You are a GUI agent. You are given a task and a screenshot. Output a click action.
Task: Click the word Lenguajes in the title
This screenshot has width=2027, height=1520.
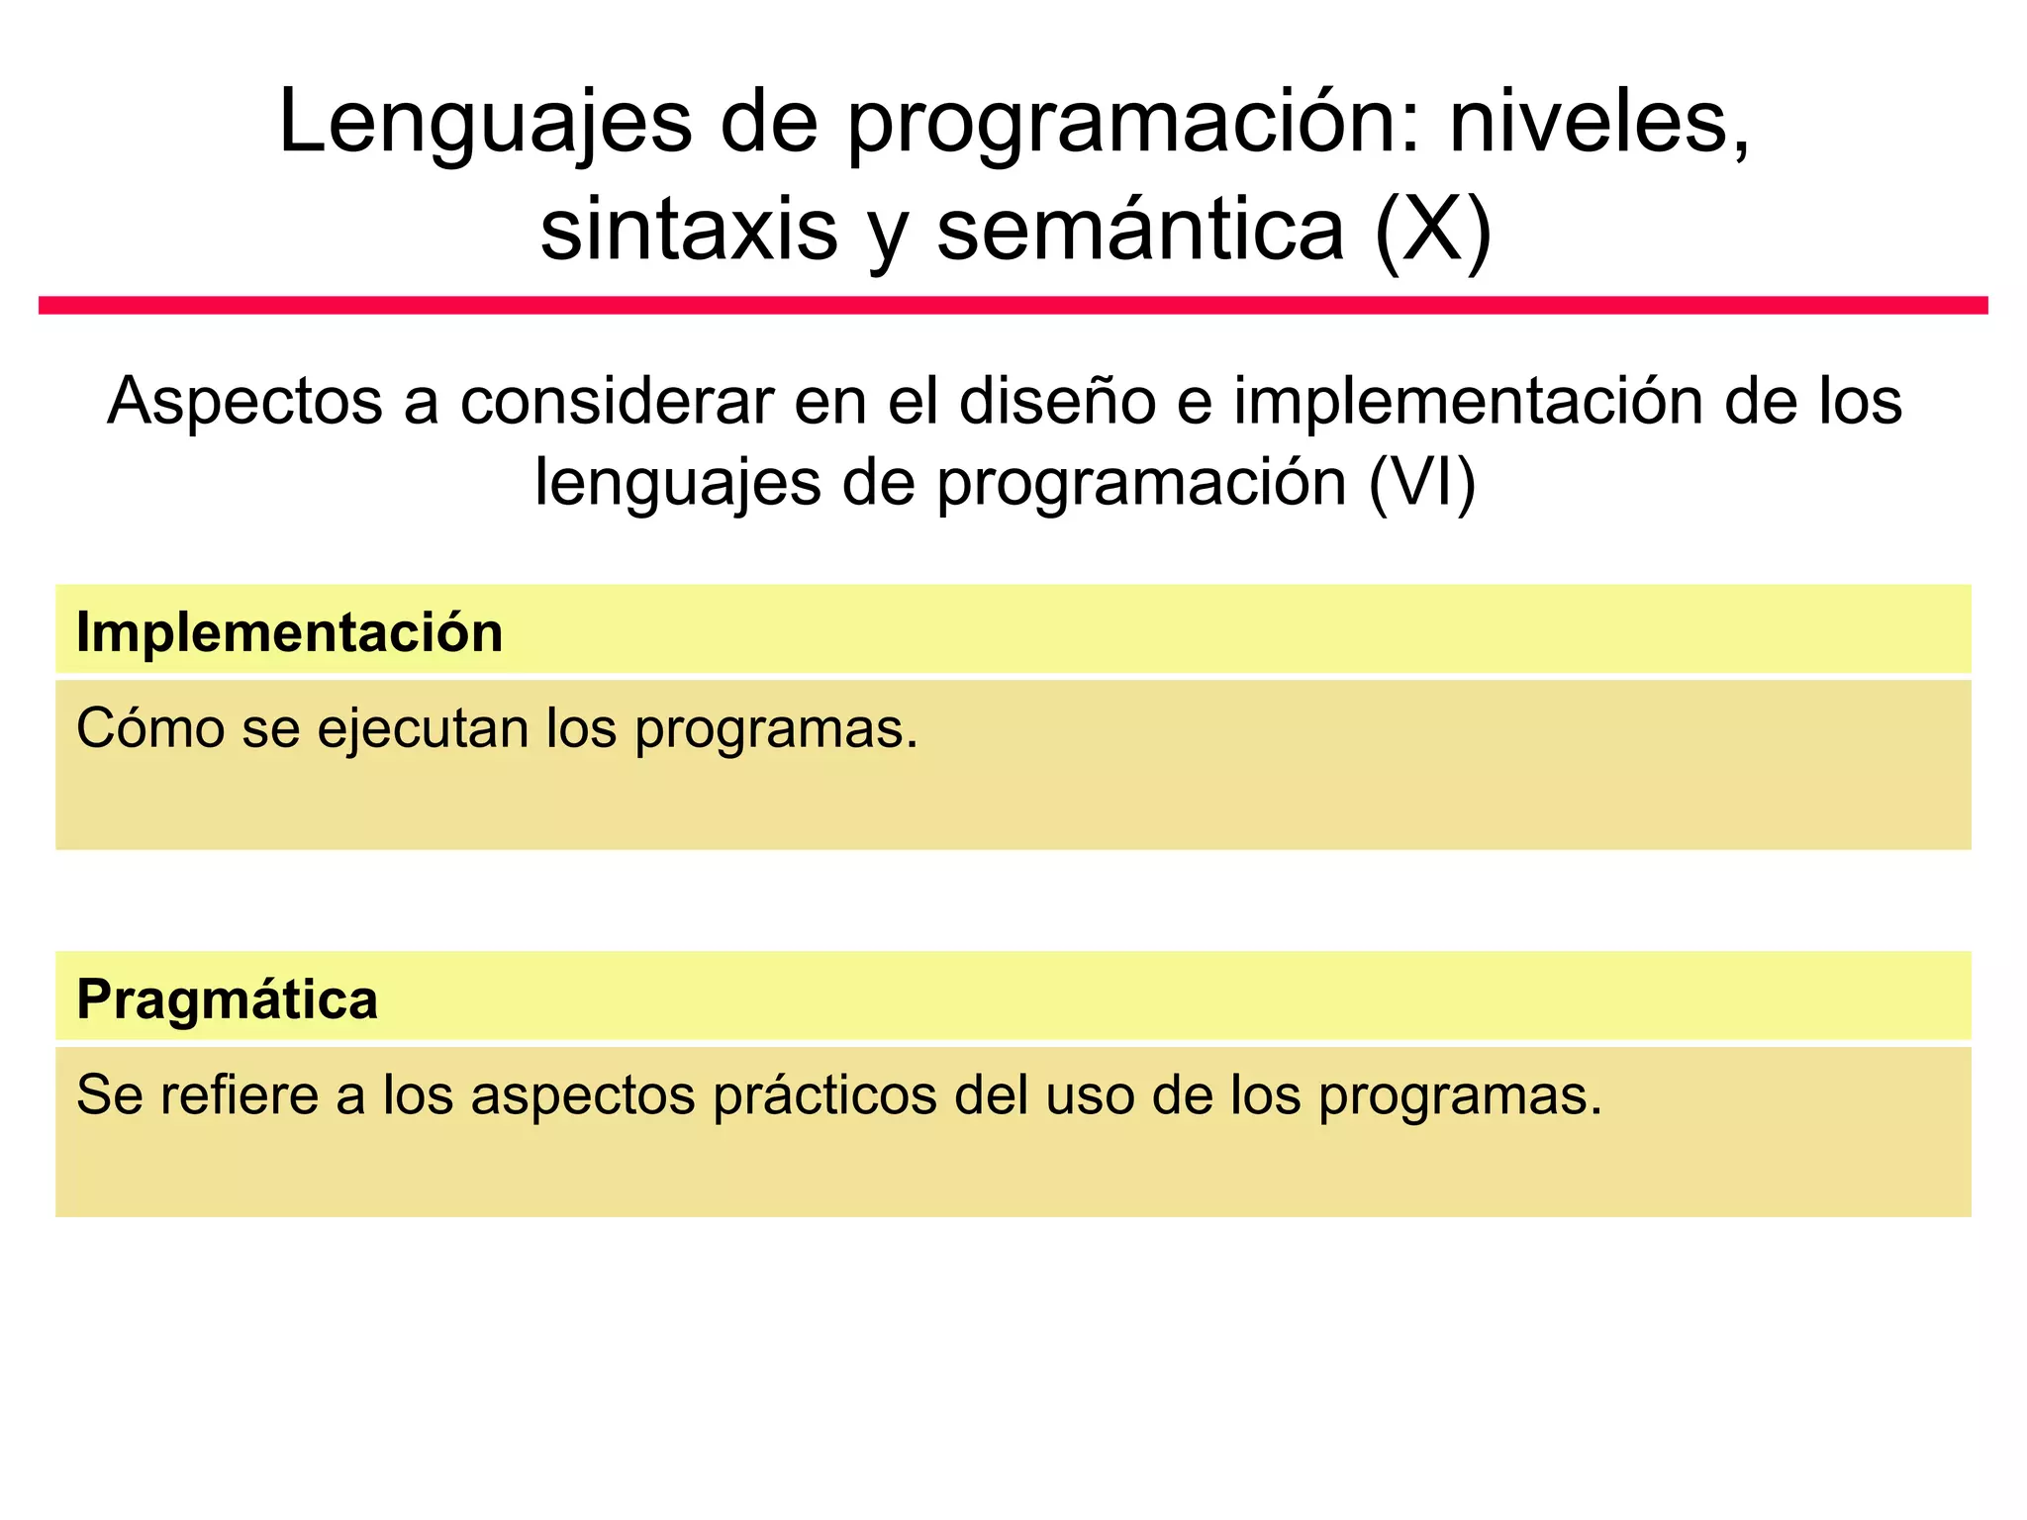485,123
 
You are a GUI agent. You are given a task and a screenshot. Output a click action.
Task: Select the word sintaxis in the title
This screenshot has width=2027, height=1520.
689,231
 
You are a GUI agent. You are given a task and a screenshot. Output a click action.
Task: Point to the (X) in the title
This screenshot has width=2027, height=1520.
1433,231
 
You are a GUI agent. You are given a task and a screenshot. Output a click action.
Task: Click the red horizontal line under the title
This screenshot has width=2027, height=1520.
1013,305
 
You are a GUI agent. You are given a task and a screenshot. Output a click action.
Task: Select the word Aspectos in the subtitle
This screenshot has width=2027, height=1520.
244,402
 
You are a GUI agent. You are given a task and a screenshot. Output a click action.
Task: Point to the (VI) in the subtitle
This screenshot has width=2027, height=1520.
1422,483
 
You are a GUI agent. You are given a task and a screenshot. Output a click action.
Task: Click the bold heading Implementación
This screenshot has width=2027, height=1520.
289,632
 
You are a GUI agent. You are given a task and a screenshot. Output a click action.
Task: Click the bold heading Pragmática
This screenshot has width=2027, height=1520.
227,999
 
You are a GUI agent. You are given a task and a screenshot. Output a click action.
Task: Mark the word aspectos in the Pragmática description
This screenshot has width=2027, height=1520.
583,1096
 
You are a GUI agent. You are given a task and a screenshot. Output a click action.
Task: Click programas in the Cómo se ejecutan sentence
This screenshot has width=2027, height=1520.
776,729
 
